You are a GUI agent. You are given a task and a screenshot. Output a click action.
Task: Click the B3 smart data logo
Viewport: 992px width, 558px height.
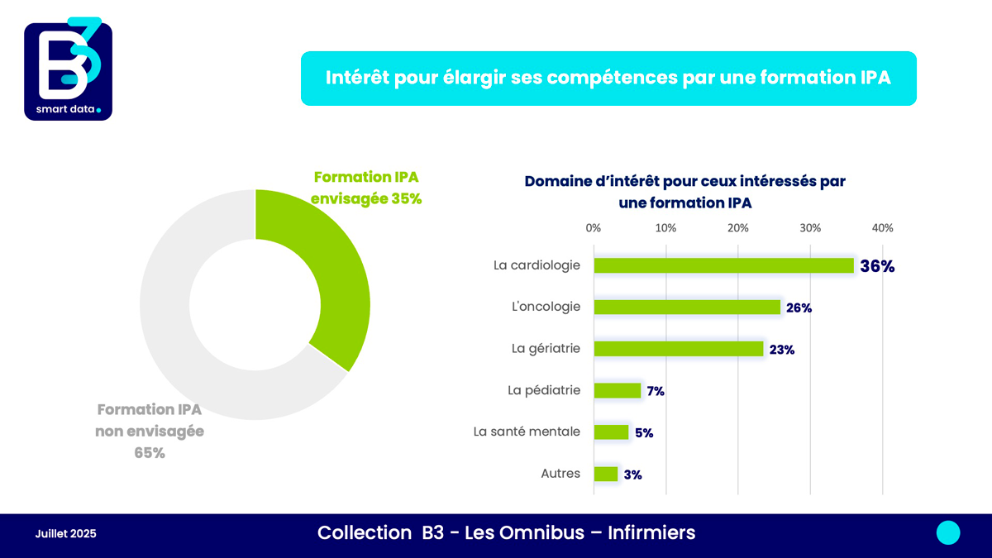68,70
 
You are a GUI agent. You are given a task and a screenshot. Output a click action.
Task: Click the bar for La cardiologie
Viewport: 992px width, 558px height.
723,265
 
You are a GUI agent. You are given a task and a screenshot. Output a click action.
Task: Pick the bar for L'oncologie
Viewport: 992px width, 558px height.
687,308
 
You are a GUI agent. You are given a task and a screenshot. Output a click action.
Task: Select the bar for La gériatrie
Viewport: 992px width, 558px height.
678,349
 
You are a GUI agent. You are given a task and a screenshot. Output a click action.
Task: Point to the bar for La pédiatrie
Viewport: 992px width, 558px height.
618,391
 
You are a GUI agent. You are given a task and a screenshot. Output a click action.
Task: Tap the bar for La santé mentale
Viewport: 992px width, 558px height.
611,432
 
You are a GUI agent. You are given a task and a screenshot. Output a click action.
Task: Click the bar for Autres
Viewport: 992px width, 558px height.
605,475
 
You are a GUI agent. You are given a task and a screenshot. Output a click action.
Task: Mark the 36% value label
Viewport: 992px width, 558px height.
877,266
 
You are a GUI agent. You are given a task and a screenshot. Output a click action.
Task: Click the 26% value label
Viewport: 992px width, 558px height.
799,308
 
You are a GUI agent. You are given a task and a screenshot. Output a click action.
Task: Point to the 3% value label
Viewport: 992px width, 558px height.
632,475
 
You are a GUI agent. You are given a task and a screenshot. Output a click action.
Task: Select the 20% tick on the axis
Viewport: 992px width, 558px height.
737,228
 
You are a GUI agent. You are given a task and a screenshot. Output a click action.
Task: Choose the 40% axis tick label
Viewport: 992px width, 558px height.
882,228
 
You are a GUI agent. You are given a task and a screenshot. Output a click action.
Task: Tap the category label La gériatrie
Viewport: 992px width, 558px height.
546,349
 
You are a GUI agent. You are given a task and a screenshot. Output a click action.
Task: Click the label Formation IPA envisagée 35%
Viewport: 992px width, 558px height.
366,188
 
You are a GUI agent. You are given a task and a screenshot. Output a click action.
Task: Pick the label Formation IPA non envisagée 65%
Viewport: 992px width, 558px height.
150,431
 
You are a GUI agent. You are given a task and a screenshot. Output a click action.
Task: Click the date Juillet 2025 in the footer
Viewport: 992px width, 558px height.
65,534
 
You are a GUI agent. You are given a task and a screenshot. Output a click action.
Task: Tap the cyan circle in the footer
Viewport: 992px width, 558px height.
948,533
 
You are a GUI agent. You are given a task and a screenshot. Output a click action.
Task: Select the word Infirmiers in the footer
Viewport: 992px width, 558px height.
651,533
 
